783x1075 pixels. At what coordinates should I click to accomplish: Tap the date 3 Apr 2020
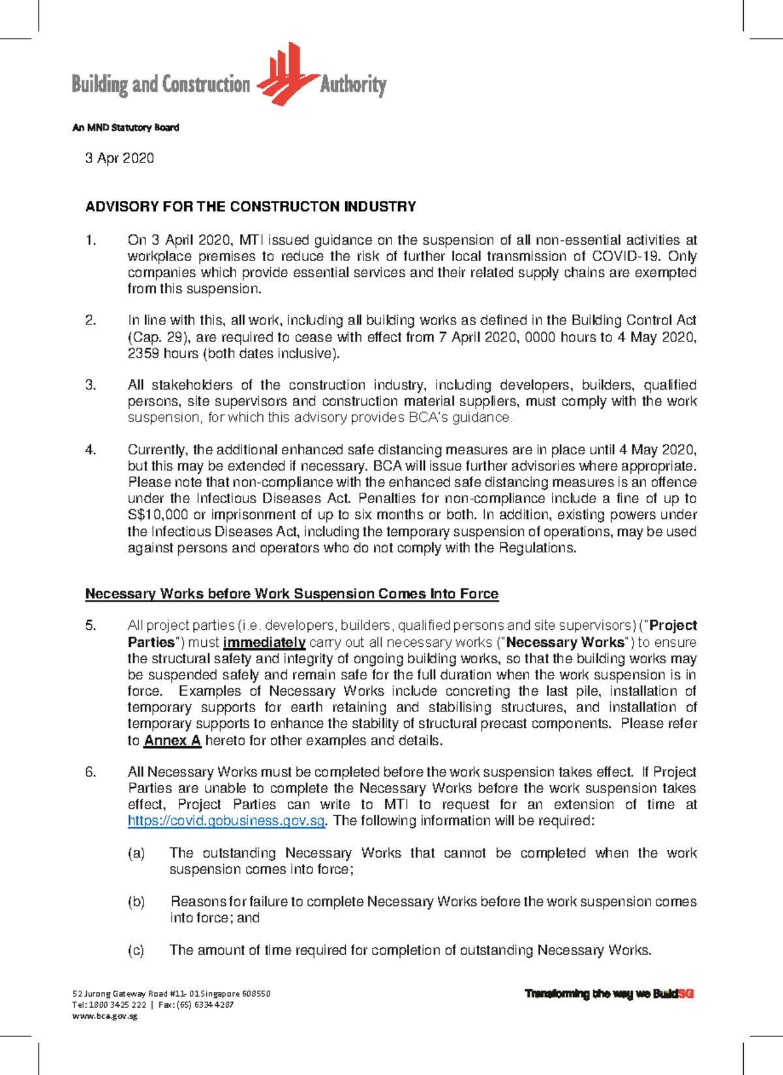point(119,158)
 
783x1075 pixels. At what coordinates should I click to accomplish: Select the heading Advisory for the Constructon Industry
point(251,207)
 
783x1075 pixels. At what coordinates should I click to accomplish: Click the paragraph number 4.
point(91,450)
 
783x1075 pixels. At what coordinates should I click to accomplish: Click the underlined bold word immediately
point(264,642)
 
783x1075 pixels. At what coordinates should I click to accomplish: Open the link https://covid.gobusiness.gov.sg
point(226,821)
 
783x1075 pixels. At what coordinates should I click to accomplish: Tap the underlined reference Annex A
point(172,741)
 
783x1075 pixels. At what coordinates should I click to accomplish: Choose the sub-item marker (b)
point(136,902)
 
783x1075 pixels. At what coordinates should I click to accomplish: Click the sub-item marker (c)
point(136,950)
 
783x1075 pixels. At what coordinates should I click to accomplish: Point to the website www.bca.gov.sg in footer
point(104,1016)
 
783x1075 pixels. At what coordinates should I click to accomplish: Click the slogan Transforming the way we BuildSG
point(609,994)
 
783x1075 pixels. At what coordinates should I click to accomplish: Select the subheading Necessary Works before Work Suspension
point(292,594)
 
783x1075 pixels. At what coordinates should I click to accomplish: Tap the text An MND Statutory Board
point(125,128)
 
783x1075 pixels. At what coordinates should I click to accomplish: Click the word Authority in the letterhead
point(353,84)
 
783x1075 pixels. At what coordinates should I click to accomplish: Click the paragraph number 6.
point(91,772)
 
